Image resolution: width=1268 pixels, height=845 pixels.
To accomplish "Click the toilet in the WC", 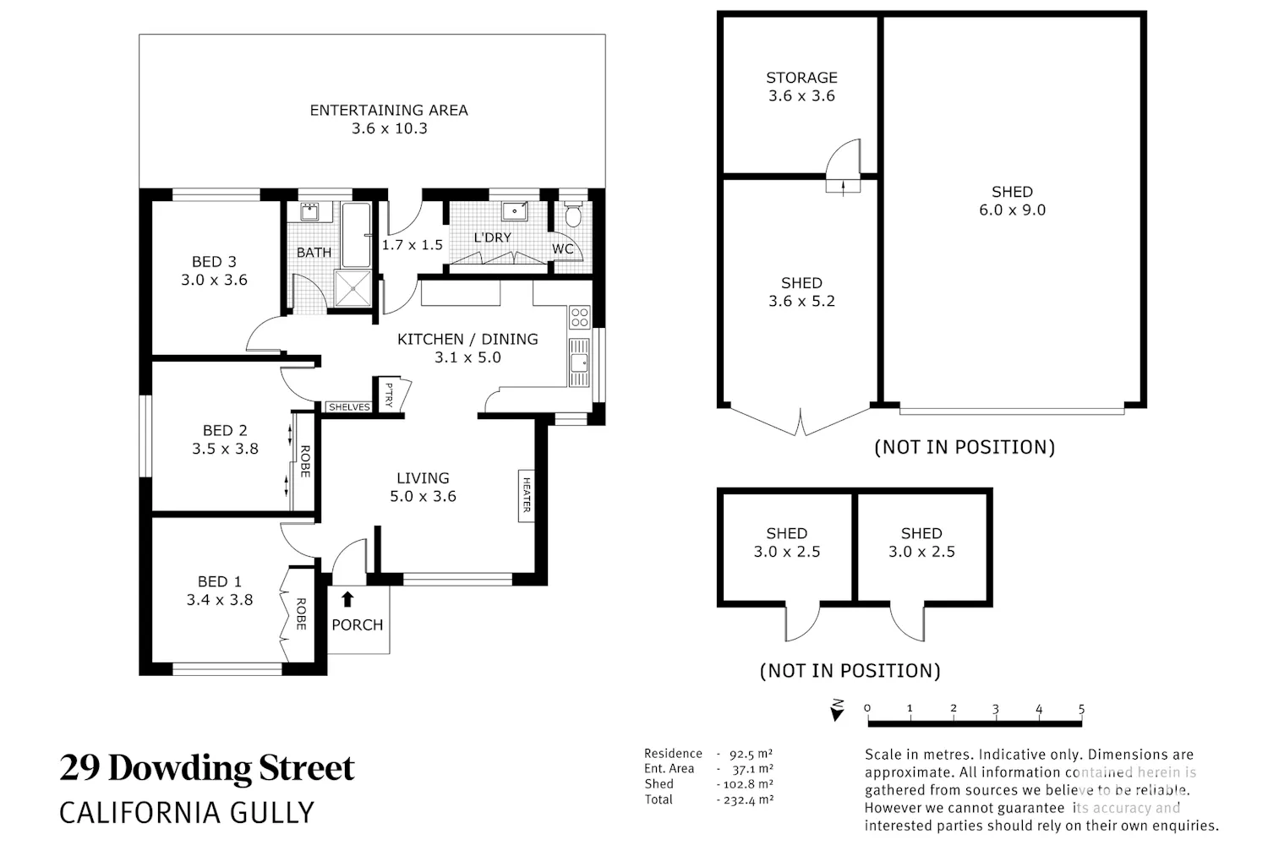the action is [573, 213].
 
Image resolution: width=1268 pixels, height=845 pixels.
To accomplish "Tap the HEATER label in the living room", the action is [527, 495].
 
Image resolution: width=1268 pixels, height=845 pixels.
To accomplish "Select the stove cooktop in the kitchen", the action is [580, 318].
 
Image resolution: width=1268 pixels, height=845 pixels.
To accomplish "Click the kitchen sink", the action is [579, 363].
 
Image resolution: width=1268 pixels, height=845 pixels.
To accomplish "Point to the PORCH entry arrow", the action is [347, 599].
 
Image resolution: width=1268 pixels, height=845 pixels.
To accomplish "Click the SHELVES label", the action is [349, 407].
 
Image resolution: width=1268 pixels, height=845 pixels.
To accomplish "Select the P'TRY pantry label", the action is [390, 395].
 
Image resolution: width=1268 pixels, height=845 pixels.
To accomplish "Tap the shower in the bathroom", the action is [353, 289].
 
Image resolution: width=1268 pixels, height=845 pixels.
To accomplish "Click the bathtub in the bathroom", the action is [356, 234].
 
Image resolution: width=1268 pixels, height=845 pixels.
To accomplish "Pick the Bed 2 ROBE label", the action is [305, 461].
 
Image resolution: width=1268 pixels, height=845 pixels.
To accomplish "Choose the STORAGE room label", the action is [801, 78].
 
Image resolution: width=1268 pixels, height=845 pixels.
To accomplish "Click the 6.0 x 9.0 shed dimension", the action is [1012, 210].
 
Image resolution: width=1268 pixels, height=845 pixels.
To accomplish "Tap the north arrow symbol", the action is [837, 711].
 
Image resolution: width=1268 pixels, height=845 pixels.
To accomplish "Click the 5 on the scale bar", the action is [1081, 709].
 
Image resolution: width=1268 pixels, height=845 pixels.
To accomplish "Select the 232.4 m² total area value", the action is [748, 799].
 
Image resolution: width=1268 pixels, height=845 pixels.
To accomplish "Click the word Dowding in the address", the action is [180, 769].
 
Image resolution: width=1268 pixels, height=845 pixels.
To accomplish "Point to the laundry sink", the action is [515, 211].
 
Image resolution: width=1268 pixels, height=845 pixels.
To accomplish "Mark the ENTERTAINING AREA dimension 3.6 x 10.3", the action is [390, 128].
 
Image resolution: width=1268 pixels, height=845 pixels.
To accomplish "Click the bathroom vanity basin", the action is [309, 212].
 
